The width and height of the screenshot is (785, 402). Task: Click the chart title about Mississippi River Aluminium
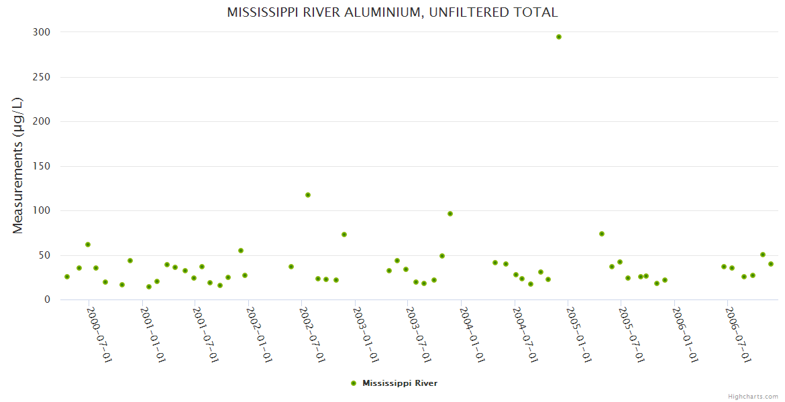tap(392, 12)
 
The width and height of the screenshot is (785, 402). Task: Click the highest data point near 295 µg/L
tap(559, 37)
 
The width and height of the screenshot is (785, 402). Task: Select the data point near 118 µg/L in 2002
tap(308, 195)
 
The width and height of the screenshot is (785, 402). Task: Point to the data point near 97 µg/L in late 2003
tap(450, 214)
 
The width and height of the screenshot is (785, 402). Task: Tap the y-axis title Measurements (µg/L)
tap(18, 165)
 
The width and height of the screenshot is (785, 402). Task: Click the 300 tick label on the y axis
tap(41, 32)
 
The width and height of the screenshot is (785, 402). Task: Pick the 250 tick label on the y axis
tap(41, 77)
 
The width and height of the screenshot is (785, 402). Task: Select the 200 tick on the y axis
tap(41, 121)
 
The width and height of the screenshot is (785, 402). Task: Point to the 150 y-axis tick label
tap(41, 166)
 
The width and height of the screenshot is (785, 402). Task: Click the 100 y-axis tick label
tap(41, 210)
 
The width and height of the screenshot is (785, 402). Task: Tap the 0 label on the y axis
tap(47, 299)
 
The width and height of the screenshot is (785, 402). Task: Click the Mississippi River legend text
tap(400, 383)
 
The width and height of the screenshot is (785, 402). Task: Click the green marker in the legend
tap(354, 383)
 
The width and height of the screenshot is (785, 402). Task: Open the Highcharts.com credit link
tap(753, 397)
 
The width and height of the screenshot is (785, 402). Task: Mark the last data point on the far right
tap(771, 264)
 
